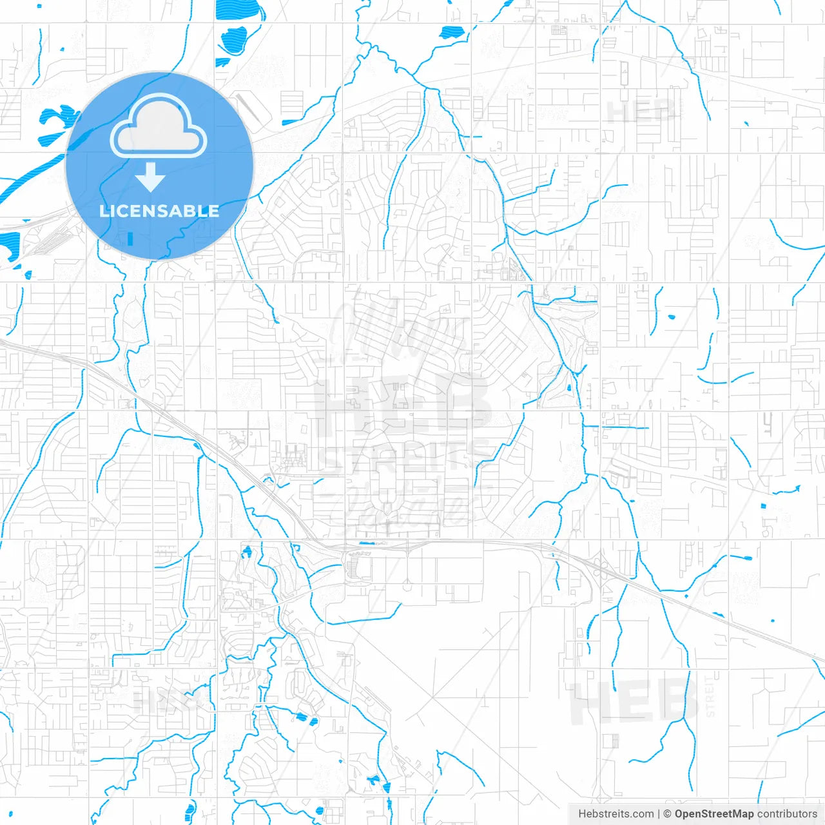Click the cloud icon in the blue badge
click(x=159, y=126)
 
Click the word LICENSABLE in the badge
click(x=159, y=211)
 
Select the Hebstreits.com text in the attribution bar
click(x=616, y=814)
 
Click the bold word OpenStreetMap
click(x=714, y=814)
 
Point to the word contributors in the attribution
click(x=787, y=814)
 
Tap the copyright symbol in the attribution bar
click(x=668, y=814)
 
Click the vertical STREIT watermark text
click(x=710, y=697)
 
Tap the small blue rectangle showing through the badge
click(x=131, y=239)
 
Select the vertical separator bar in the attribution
click(x=659, y=814)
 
